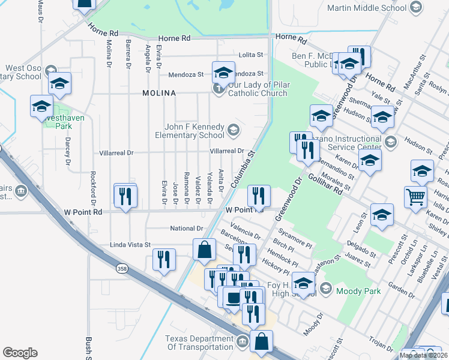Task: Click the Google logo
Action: click(x=20, y=353)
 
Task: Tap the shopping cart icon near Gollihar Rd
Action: click(x=415, y=196)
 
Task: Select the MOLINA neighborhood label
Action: click(x=159, y=93)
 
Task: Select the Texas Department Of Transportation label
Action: click(x=199, y=343)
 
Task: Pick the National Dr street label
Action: click(x=187, y=229)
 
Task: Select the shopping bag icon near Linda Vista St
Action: click(x=204, y=250)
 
